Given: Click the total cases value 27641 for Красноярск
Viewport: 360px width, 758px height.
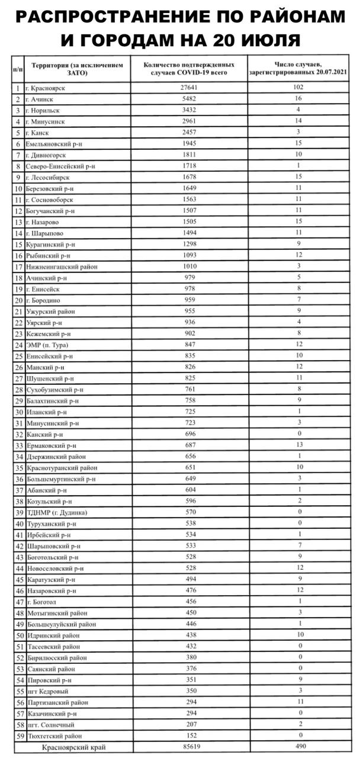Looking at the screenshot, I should click(x=188, y=88).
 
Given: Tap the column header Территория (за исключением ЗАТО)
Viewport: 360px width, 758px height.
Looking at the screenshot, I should click(x=76, y=69).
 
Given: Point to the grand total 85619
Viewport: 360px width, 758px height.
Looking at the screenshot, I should click(x=188, y=747).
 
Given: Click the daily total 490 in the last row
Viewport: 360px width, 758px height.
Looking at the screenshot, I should click(x=301, y=747).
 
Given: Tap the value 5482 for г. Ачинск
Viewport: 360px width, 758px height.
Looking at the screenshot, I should click(x=188, y=99).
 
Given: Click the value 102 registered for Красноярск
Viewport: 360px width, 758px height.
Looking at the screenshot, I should click(x=301, y=88).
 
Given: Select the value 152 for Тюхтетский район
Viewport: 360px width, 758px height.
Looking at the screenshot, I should click(x=188, y=736).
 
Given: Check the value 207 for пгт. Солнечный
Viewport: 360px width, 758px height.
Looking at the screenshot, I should click(x=188, y=725).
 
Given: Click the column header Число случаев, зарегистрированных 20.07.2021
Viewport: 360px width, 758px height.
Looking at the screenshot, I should click(x=301, y=69).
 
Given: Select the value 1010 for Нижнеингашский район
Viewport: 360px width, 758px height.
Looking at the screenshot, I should click(x=188, y=266).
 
